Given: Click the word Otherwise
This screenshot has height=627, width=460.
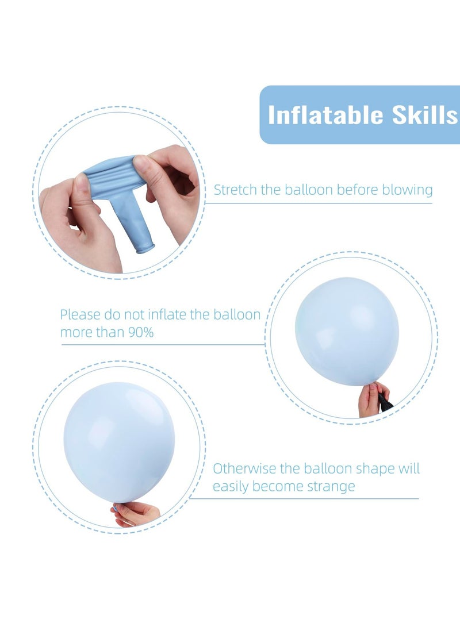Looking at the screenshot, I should coord(244,468).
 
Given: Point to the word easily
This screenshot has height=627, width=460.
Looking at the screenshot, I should coord(232,487).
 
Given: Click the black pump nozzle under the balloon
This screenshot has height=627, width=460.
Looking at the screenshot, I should coord(385,402).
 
